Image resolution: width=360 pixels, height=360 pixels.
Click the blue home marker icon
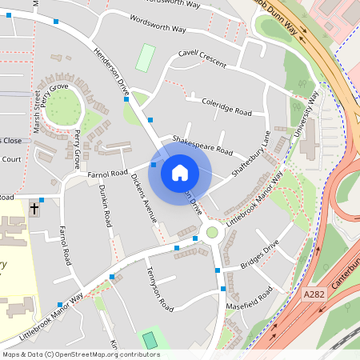click(180, 172)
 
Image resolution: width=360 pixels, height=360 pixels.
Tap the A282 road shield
click(314, 295)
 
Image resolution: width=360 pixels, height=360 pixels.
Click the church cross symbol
click(34, 210)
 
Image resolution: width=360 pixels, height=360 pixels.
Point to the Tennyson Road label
click(160, 289)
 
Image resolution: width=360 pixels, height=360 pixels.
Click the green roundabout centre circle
click(212, 233)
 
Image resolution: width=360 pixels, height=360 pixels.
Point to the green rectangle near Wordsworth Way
click(145, 58)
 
